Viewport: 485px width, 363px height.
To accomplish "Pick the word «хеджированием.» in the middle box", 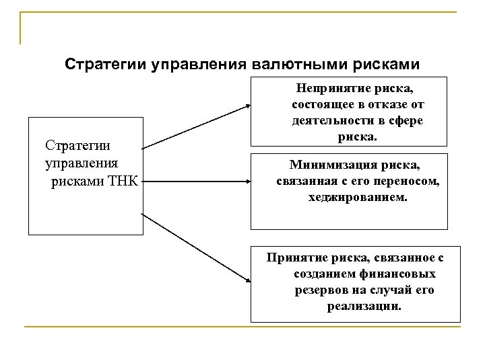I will tap(349, 198).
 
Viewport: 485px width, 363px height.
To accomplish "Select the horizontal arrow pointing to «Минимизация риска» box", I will tap(195, 180).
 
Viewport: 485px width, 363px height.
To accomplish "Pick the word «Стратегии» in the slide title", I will tap(97, 65).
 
